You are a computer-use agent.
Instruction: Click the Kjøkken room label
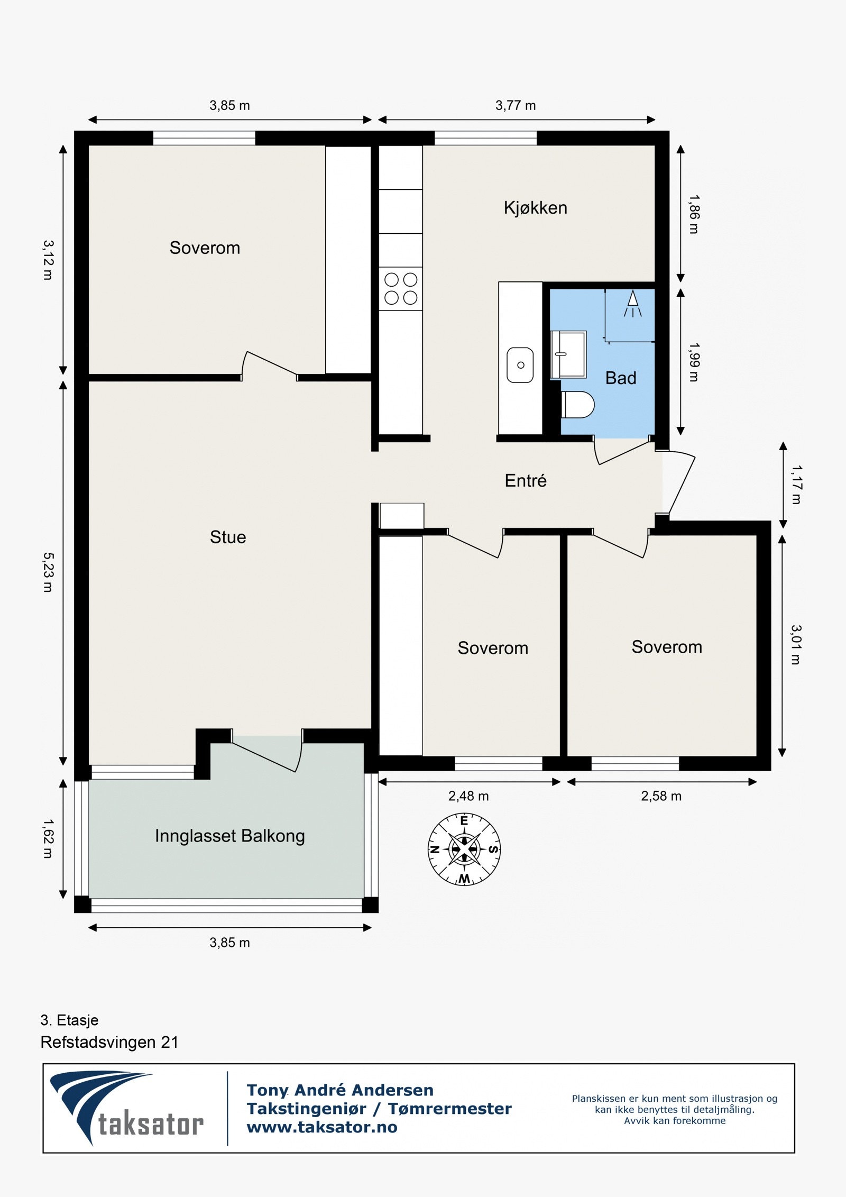[x=535, y=208]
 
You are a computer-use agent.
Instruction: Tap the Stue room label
[x=228, y=537]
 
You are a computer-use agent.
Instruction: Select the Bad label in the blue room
[x=621, y=378]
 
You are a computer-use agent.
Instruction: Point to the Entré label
[x=526, y=480]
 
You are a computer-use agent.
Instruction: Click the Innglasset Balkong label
[x=230, y=836]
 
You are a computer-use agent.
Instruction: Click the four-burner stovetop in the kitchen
[x=401, y=288]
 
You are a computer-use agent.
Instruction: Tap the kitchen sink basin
[x=520, y=365]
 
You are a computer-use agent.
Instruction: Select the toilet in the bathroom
[x=577, y=405]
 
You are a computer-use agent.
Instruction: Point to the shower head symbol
[x=632, y=304]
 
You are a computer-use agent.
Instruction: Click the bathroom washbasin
[x=568, y=354]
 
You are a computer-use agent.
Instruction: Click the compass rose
[x=464, y=849]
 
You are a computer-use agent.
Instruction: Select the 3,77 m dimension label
[x=516, y=106]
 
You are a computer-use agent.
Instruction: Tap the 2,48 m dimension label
[x=468, y=796]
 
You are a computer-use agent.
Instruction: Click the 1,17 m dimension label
[x=796, y=485]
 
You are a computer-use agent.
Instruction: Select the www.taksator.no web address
[x=322, y=1127]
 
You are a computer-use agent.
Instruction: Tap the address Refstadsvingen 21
[x=109, y=1042]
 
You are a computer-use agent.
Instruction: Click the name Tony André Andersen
[x=340, y=1090]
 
